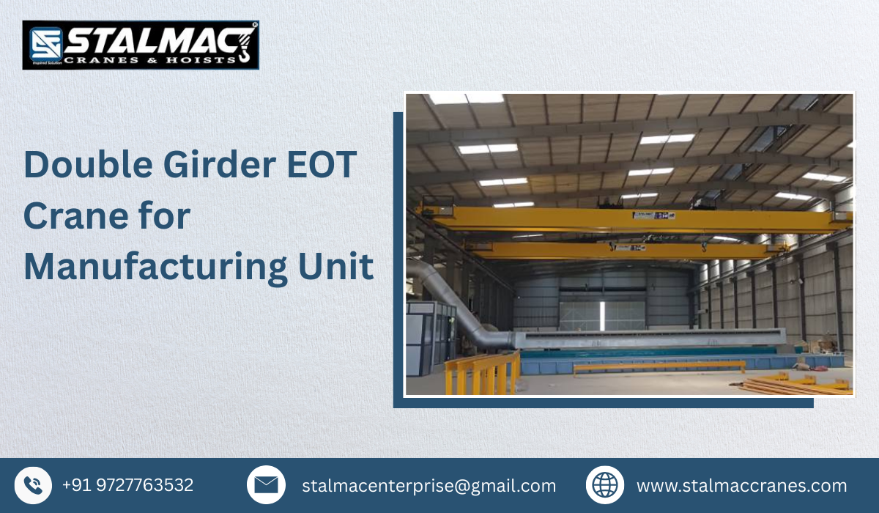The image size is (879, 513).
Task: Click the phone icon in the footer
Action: [x=33, y=485]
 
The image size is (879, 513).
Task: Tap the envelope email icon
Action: [x=266, y=485]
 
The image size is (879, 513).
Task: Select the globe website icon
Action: [x=605, y=485]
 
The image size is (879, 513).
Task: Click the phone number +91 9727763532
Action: [x=127, y=485]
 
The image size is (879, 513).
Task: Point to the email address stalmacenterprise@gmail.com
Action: [x=429, y=486]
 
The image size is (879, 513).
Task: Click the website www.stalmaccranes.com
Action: [x=741, y=486]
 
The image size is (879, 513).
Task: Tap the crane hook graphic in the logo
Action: [x=244, y=48]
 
